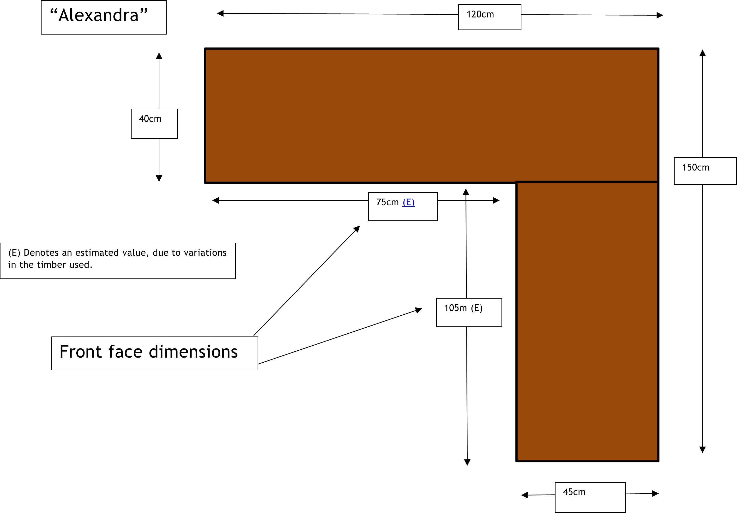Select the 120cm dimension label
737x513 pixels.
[480, 15]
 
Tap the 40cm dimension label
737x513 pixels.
[150, 119]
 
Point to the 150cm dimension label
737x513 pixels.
[696, 168]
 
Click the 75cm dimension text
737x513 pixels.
[387, 202]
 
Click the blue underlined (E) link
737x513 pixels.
[408, 202]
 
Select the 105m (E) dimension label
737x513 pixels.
[463, 308]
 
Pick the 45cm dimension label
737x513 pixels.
[574, 492]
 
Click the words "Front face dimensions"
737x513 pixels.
[149, 352]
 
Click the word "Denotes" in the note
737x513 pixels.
[41, 253]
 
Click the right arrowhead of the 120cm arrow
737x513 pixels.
[660, 15]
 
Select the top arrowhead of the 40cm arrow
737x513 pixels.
[159, 56]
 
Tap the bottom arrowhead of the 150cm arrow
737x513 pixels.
[702, 449]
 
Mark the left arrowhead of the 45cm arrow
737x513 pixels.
[525, 495]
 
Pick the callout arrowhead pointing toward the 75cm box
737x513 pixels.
[357, 229]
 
